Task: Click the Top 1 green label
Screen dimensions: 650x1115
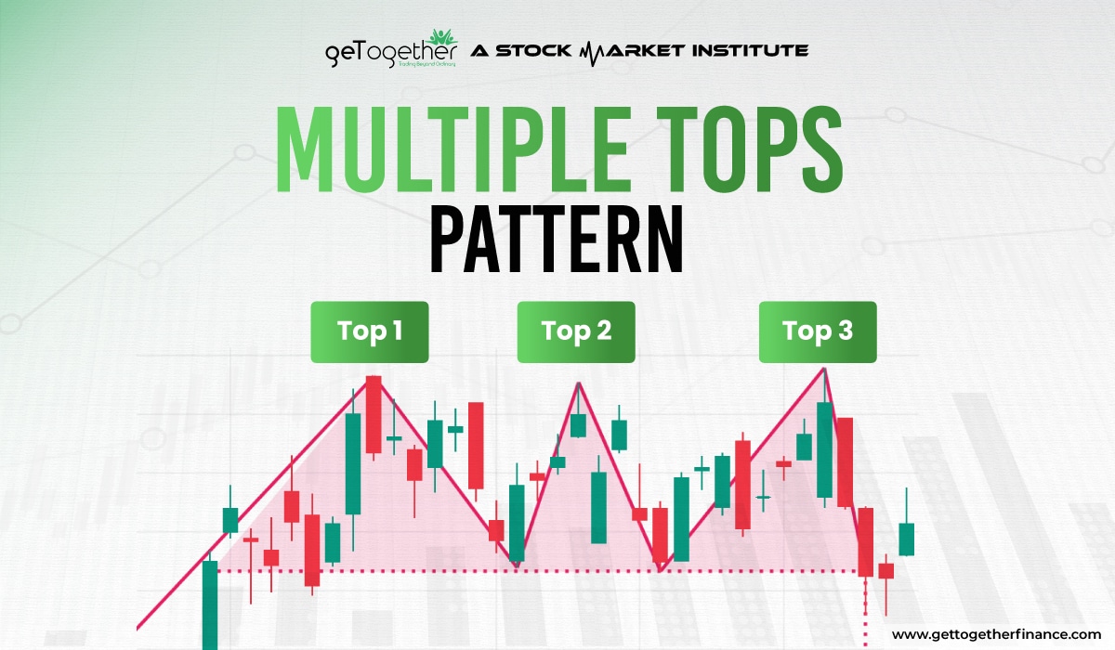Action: [x=369, y=331]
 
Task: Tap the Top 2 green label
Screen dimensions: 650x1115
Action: [x=576, y=331]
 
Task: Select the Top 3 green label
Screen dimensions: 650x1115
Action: [x=818, y=331]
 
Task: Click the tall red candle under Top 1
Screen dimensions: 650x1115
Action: [x=374, y=414]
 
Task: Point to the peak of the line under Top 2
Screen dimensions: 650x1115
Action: [x=579, y=382]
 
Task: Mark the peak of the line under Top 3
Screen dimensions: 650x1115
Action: [x=823, y=369]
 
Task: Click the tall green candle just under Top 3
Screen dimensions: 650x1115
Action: [x=824, y=449]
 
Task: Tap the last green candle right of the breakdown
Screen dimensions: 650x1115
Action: [x=907, y=539]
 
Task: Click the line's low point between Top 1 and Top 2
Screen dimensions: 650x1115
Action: [x=516, y=564]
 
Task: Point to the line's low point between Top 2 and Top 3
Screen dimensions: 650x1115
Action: [x=661, y=568]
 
